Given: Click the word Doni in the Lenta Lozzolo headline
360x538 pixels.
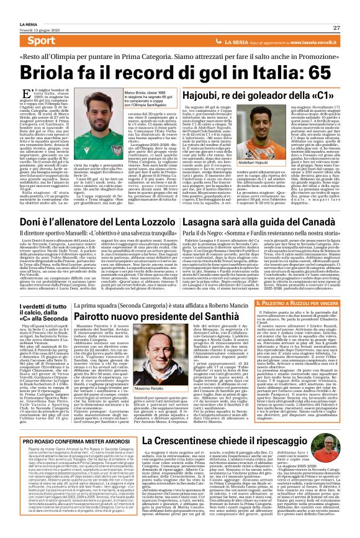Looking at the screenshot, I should (31, 220).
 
